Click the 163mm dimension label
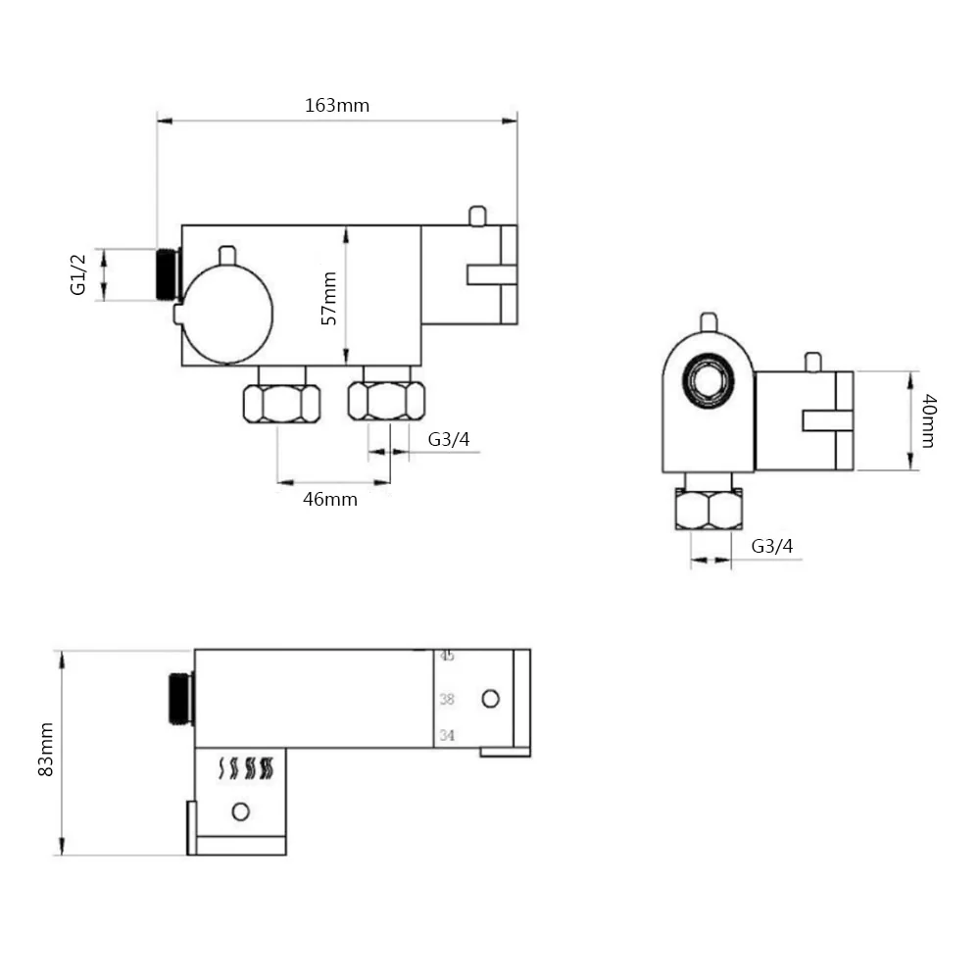click(337, 105)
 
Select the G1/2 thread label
click(79, 274)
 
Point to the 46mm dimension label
click(330, 499)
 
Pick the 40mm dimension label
click(928, 420)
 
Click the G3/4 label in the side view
click(772, 546)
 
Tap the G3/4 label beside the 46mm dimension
click(449, 439)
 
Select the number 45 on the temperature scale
click(447, 656)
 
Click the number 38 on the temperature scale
click(447, 699)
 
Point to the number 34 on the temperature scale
click(447, 735)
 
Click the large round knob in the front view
click(227, 314)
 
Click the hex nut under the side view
click(709, 510)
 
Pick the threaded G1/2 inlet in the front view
click(169, 274)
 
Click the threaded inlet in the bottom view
click(180, 699)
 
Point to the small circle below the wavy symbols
click(239, 810)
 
